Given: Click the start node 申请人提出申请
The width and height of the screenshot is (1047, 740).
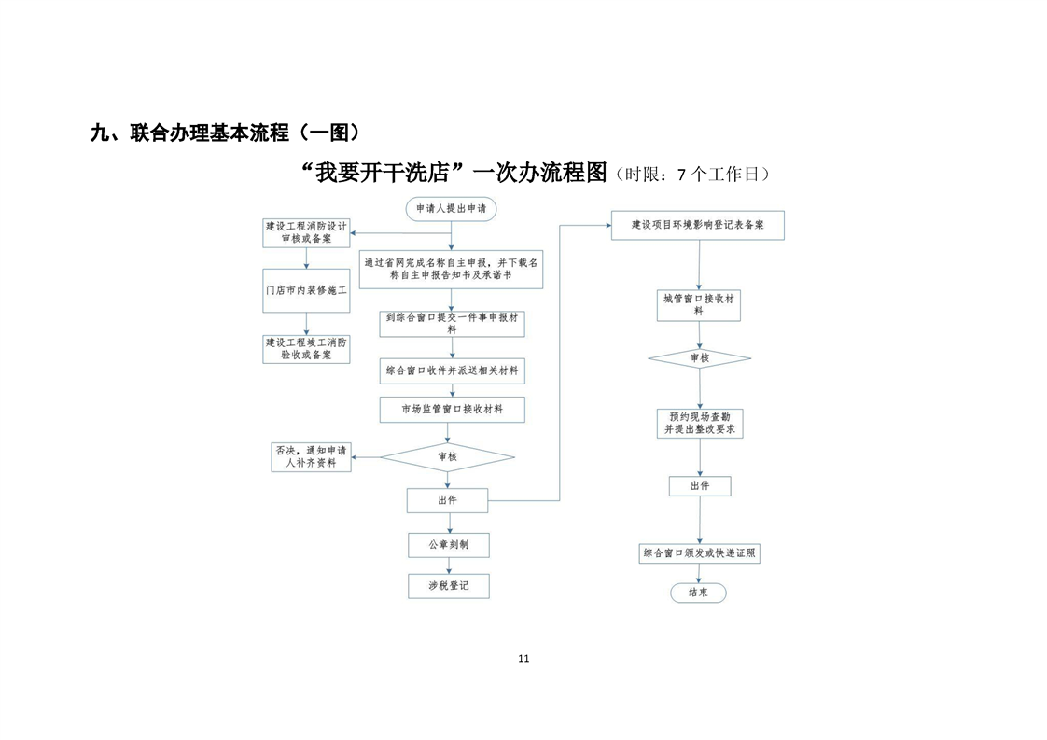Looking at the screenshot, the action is click(x=451, y=208).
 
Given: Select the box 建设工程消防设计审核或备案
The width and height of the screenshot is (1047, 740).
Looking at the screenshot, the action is click(x=306, y=233).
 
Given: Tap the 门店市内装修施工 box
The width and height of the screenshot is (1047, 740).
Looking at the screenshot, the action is click(x=306, y=290).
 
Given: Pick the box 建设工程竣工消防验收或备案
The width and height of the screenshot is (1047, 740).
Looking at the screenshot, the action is click(x=306, y=349).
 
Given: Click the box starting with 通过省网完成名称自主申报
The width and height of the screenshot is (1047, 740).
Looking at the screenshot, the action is click(x=451, y=269).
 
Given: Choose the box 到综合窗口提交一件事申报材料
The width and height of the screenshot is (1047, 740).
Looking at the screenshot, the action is click(x=452, y=324).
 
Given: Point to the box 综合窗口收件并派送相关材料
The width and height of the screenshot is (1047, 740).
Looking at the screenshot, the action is click(x=452, y=370).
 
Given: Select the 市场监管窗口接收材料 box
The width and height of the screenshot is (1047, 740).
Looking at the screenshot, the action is click(x=452, y=410).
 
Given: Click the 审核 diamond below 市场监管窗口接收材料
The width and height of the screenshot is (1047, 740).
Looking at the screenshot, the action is click(x=447, y=457).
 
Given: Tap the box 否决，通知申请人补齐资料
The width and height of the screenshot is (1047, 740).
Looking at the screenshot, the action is click(x=311, y=457).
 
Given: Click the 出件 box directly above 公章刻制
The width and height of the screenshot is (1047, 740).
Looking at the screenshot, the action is click(x=447, y=500).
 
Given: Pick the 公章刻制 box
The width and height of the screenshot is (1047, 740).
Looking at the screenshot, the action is click(x=449, y=545).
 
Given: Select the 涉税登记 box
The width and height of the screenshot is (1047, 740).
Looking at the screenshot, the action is click(x=449, y=586).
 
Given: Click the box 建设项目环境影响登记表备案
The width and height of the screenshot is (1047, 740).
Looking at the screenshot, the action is click(x=698, y=225).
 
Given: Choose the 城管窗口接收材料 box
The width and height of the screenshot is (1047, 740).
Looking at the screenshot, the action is click(x=698, y=305).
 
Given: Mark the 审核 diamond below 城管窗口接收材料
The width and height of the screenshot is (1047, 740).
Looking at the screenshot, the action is click(x=699, y=358).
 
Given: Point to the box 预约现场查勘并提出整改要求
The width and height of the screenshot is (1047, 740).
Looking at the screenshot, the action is click(x=700, y=424).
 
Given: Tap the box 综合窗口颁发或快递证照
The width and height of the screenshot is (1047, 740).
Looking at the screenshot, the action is click(x=699, y=553).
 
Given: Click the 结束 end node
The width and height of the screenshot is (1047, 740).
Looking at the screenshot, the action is click(x=698, y=593).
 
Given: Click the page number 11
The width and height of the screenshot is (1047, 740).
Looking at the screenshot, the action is click(x=523, y=659).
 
